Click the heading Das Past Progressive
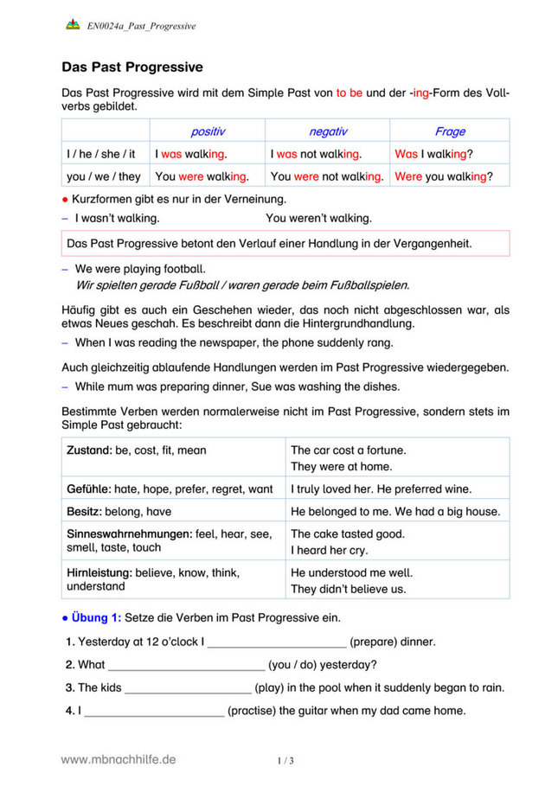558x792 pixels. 132,67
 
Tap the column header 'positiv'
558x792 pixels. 208,131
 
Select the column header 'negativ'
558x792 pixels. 328,131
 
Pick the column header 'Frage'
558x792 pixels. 450,131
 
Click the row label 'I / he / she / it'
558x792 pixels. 101,154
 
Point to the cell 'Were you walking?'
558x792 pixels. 444,176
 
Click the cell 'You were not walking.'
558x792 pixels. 327,176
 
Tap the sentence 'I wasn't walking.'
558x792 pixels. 117,219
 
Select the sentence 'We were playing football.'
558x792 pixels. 140,269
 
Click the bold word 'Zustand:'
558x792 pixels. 90,450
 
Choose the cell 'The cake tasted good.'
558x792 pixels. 348,533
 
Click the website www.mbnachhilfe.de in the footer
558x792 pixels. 119,759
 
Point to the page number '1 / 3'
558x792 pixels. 285,761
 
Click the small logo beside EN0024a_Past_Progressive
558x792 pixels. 73,25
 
